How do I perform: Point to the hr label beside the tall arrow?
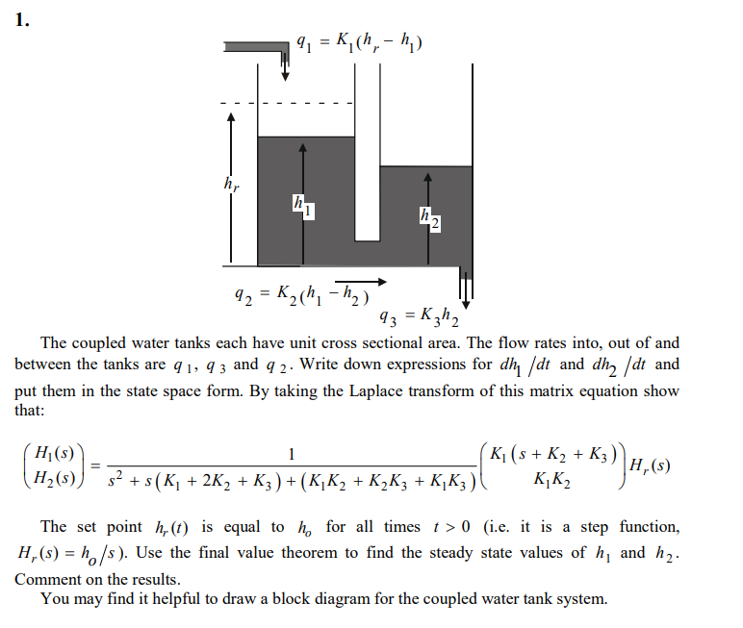pos(229,182)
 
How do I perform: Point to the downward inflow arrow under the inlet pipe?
pos(285,67)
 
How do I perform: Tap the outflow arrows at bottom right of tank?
pos(465,287)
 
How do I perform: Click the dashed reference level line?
pos(289,103)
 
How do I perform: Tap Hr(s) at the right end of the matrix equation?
pos(650,466)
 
